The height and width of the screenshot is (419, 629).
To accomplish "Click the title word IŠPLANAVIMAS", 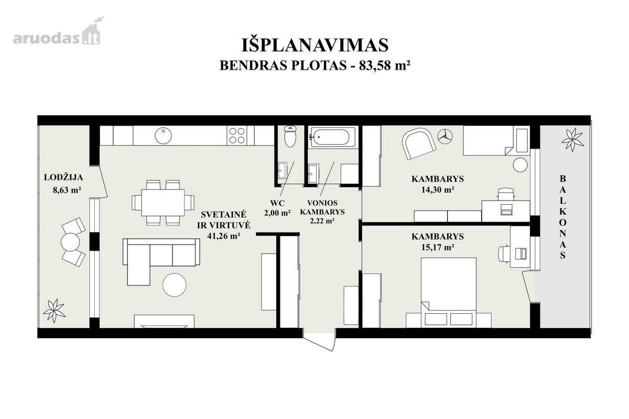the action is [315, 45].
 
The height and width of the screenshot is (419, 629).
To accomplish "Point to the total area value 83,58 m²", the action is [383, 65].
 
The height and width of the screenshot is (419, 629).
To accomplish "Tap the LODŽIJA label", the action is [63, 178].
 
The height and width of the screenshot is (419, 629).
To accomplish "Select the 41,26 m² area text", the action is [223, 236].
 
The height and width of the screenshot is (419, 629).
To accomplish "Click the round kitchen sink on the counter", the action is [163, 136].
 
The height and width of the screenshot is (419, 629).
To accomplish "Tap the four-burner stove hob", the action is [237, 136].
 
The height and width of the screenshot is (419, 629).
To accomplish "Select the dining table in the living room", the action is [163, 203].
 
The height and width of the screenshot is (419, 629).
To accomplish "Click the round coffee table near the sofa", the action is [175, 285].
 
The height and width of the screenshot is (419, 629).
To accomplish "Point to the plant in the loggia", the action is [54, 311].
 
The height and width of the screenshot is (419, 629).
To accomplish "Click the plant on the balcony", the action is [572, 140].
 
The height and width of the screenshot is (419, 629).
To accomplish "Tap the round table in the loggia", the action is [70, 242].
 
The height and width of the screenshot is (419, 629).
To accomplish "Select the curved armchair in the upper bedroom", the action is [419, 144].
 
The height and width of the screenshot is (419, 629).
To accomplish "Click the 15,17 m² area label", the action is [438, 247].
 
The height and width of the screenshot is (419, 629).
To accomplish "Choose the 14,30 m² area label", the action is [438, 190].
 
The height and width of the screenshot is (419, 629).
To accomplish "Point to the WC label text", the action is [277, 203].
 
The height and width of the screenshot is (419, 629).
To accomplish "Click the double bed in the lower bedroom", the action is [449, 292].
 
